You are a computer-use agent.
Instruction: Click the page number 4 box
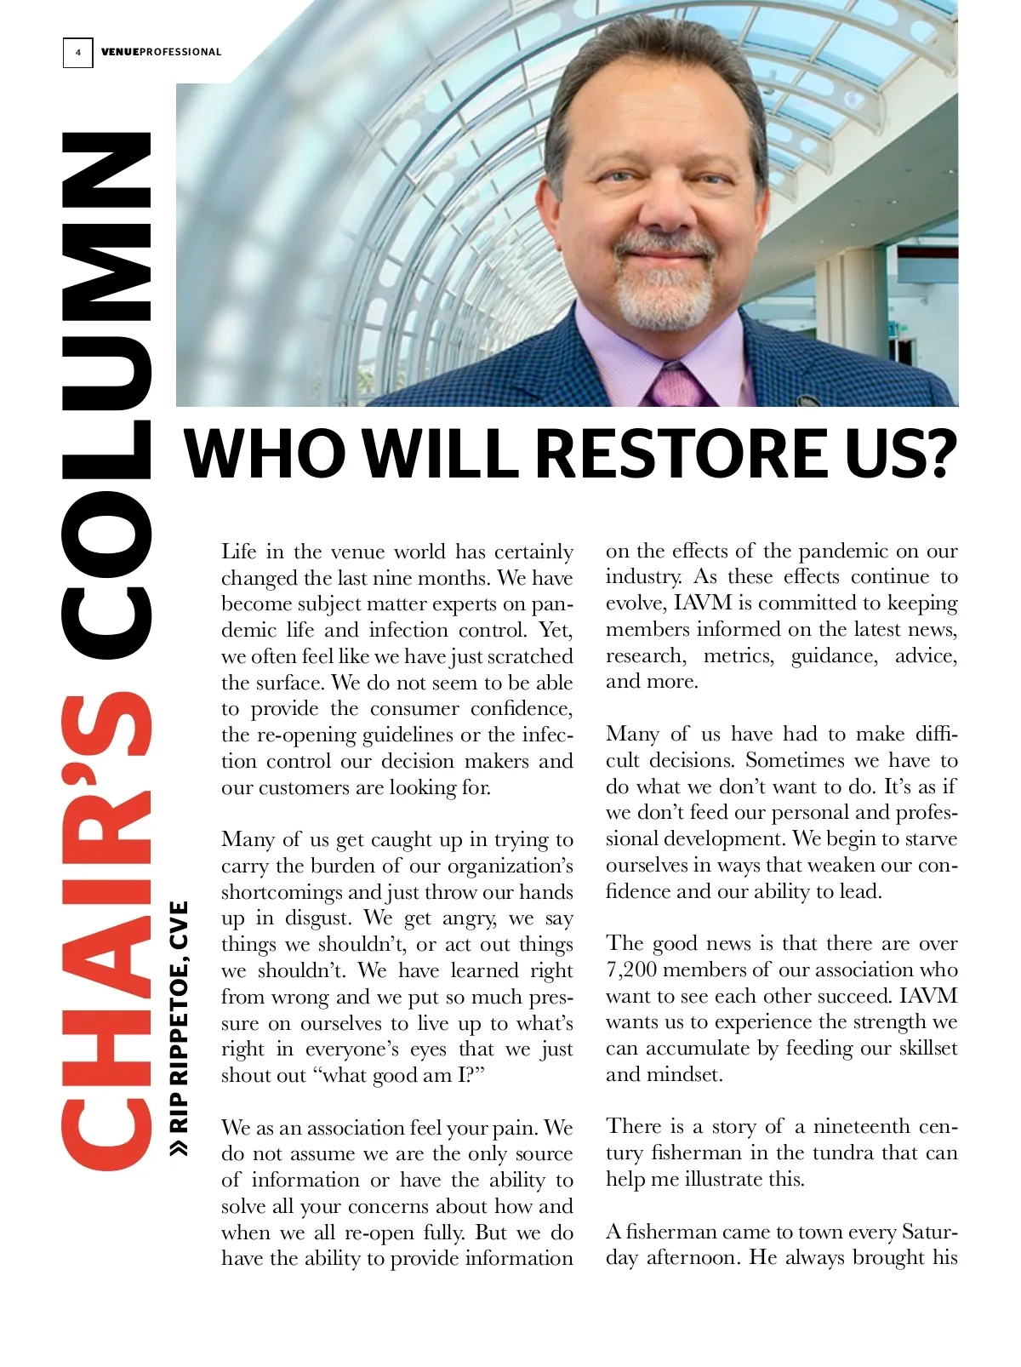77,52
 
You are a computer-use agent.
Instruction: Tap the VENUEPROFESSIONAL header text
161,52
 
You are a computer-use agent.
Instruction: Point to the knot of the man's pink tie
674,382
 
